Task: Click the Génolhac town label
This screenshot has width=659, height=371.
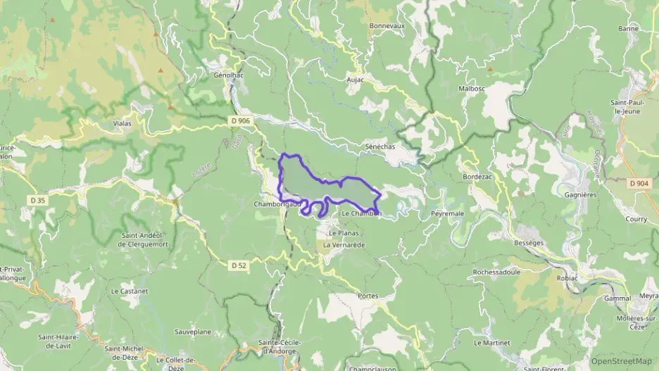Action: (x=227, y=74)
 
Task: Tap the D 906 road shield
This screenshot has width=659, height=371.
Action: (x=239, y=121)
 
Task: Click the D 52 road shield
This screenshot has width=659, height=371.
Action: (x=239, y=265)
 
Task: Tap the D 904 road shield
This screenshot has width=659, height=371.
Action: (x=639, y=183)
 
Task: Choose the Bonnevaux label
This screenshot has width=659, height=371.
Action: (x=387, y=25)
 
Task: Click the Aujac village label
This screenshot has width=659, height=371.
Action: (x=355, y=80)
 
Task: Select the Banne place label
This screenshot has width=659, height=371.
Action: (x=628, y=29)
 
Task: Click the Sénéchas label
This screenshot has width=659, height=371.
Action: (x=380, y=146)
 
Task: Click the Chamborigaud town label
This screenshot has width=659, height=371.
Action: (x=277, y=204)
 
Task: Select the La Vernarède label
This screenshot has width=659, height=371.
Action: (x=344, y=244)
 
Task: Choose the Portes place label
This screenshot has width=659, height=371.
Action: (x=368, y=296)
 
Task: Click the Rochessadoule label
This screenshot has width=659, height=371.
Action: (x=496, y=271)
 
